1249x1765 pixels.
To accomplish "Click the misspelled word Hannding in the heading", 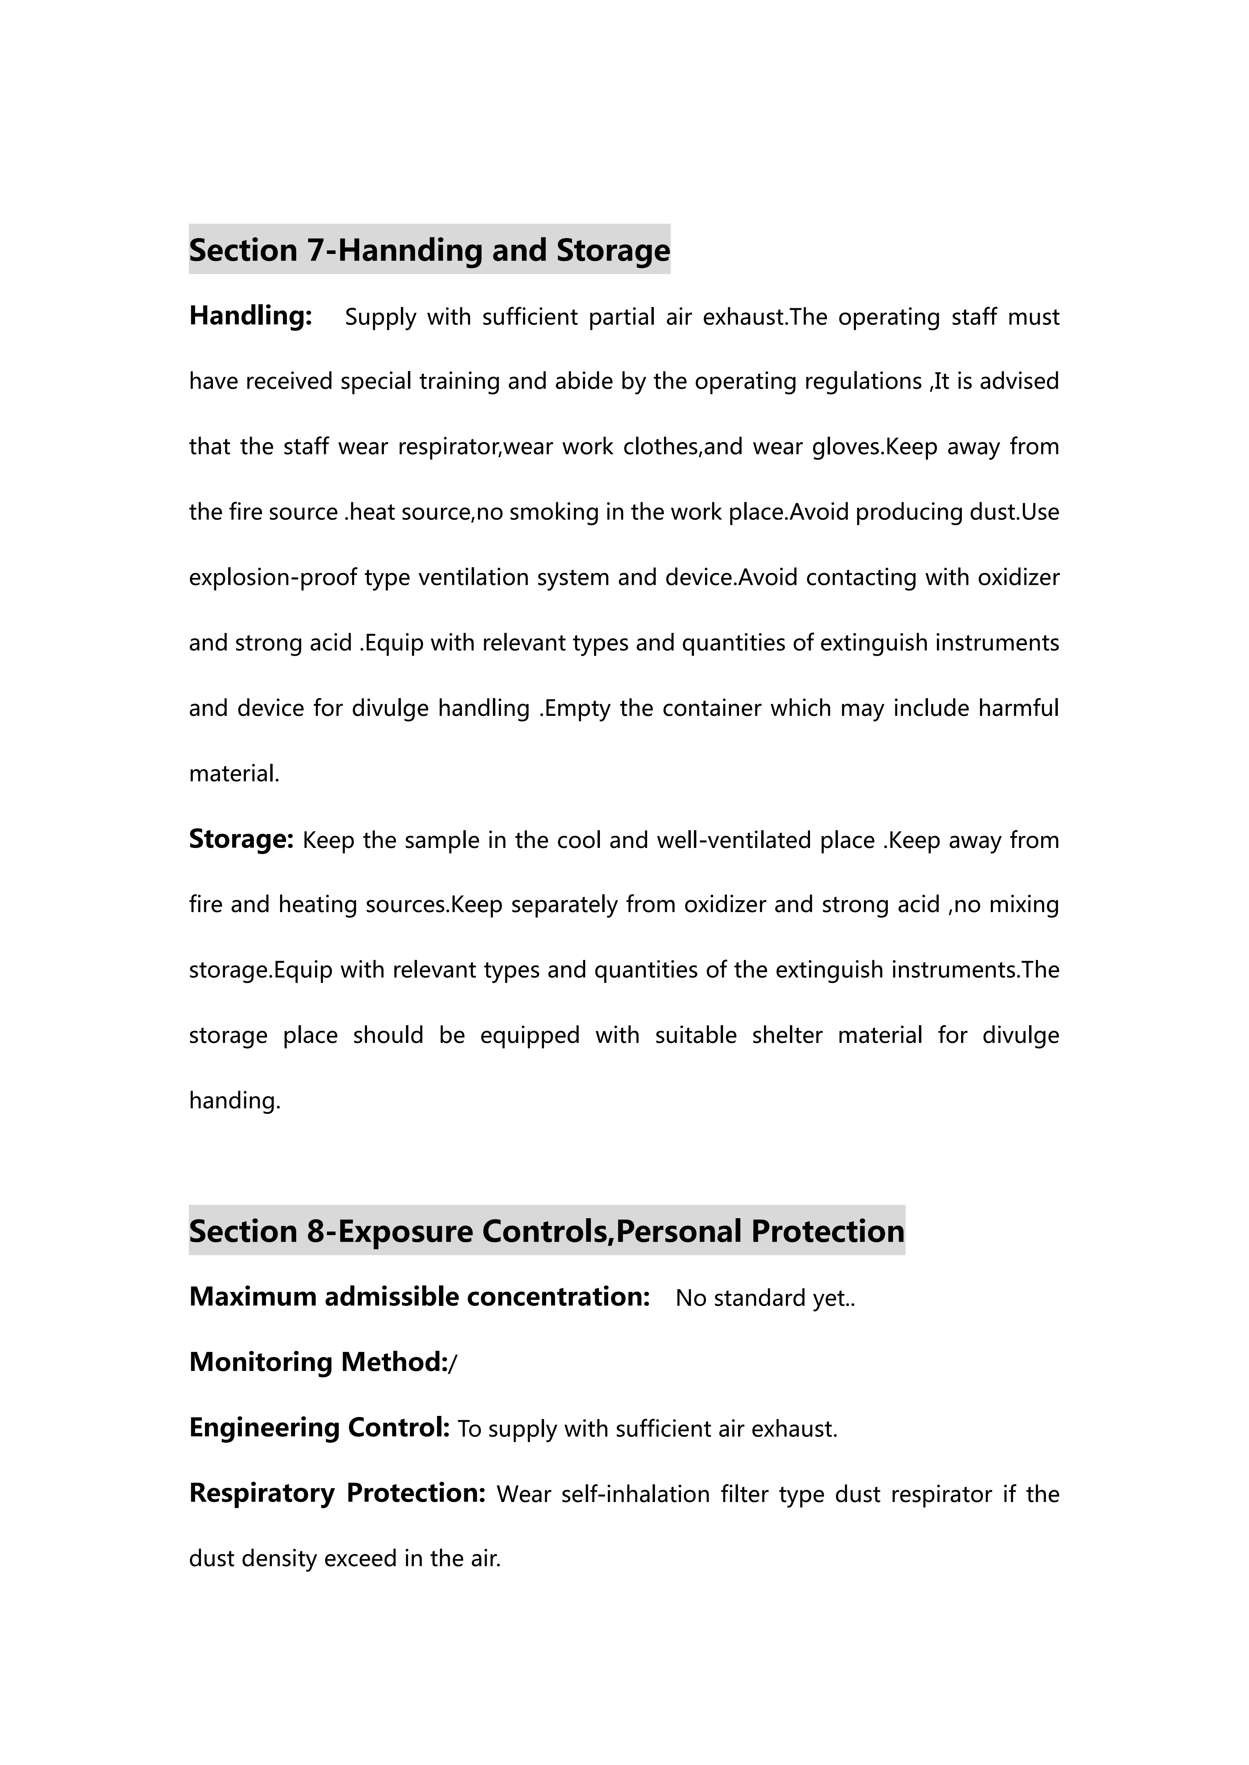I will pos(408,251).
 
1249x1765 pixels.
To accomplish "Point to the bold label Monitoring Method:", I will pos(318,1362).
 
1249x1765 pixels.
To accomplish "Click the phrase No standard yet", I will pos(764,1298).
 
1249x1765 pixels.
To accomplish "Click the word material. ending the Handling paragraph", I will pos(234,773).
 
